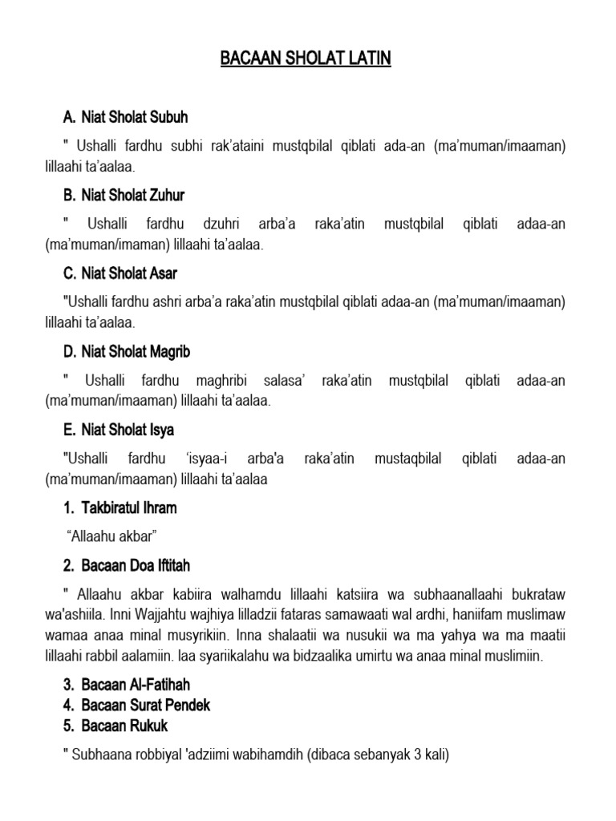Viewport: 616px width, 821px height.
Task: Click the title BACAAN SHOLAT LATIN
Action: pyautogui.click(x=306, y=59)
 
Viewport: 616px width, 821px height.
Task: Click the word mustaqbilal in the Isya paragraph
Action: pyautogui.click(x=404, y=459)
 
